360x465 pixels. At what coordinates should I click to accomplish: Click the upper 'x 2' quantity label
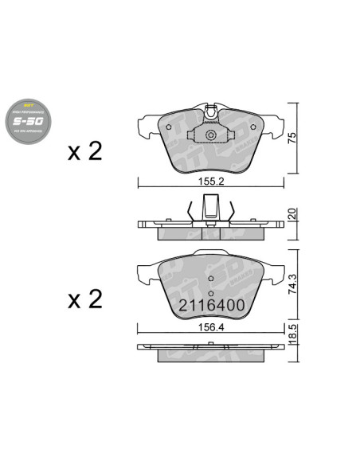click(x=85, y=152)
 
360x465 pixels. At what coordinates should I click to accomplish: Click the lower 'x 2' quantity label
click(x=85, y=299)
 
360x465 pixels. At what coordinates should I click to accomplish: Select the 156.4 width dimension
click(x=210, y=326)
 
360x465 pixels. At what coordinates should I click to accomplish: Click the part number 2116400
click(x=210, y=306)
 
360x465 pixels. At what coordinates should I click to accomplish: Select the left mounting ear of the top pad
click(x=147, y=125)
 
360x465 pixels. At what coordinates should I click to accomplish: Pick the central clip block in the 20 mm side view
click(x=210, y=213)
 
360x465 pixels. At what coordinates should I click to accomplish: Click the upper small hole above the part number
click(x=210, y=279)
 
